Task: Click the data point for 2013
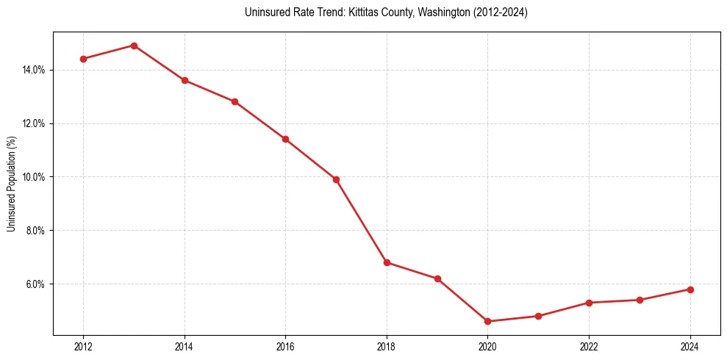(134, 46)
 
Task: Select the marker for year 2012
(83, 59)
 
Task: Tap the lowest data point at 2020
(488, 321)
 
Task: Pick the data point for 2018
(387, 262)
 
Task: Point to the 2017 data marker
(336, 179)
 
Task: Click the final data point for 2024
(690, 289)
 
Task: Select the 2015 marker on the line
(234, 101)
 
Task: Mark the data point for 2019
(437, 278)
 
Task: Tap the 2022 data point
(590, 303)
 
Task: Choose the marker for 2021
(539, 316)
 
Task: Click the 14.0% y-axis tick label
(34, 70)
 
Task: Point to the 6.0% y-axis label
(35, 284)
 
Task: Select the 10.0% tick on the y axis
(34, 177)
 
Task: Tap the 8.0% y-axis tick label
(35, 231)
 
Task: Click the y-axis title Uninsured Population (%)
(11, 184)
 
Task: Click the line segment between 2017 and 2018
(361, 220)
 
